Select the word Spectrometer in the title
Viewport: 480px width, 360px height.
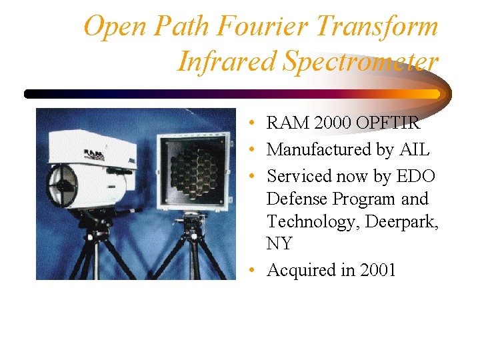coord(361,61)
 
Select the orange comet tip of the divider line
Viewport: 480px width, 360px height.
coord(433,94)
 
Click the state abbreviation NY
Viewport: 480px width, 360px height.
coord(279,244)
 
